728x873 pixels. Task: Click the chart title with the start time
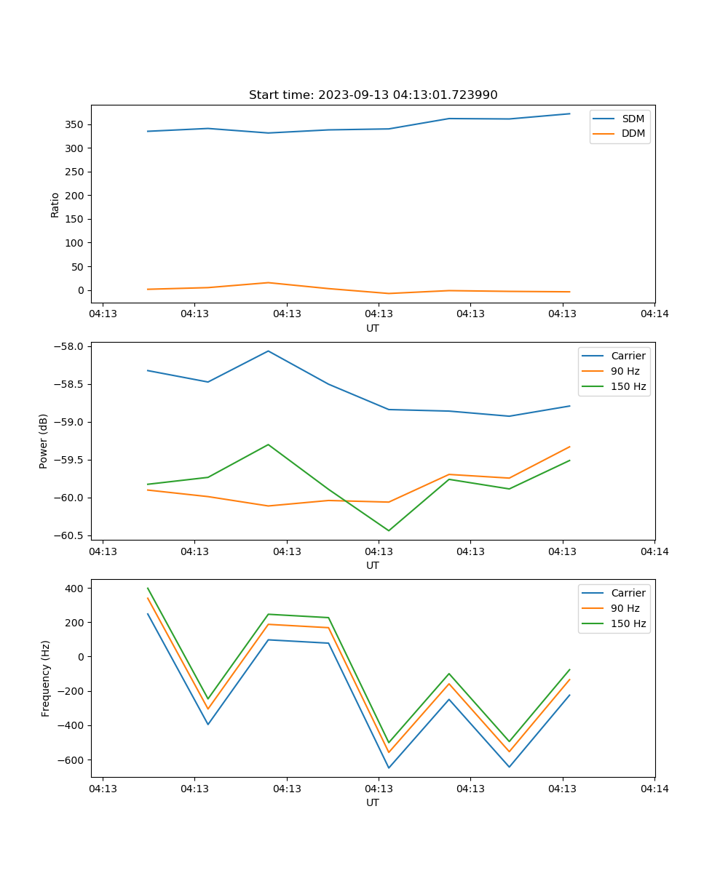coord(373,95)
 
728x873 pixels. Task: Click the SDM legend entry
coord(633,119)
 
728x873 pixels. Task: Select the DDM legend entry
coord(633,133)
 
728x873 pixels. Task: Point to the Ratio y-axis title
coord(55,204)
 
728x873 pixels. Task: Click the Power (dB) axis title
coord(44,441)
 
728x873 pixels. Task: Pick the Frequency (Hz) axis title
coord(46,678)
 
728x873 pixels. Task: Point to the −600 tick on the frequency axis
coord(74,760)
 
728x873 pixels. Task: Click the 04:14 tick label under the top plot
coord(654,314)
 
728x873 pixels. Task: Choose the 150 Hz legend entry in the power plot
coord(628,386)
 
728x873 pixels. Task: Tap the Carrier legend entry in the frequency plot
coord(628,593)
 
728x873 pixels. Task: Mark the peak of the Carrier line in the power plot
coord(268,351)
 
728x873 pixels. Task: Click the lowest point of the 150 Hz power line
coord(388,530)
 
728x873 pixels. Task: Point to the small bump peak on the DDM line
coord(268,282)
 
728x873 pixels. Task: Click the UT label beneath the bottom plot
coord(373,802)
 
